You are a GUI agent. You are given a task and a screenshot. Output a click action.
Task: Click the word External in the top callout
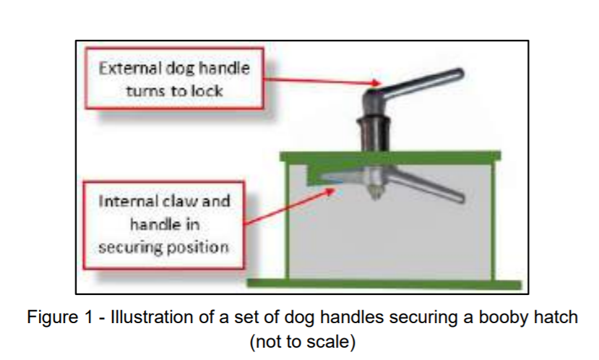(130, 69)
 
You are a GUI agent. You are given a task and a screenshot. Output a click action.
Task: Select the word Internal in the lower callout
(126, 202)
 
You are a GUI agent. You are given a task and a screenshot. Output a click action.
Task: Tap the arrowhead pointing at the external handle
(376, 83)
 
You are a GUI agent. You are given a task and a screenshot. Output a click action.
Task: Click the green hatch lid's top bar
(390, 157)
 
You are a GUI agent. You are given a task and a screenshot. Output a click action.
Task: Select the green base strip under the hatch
(384, 283)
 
